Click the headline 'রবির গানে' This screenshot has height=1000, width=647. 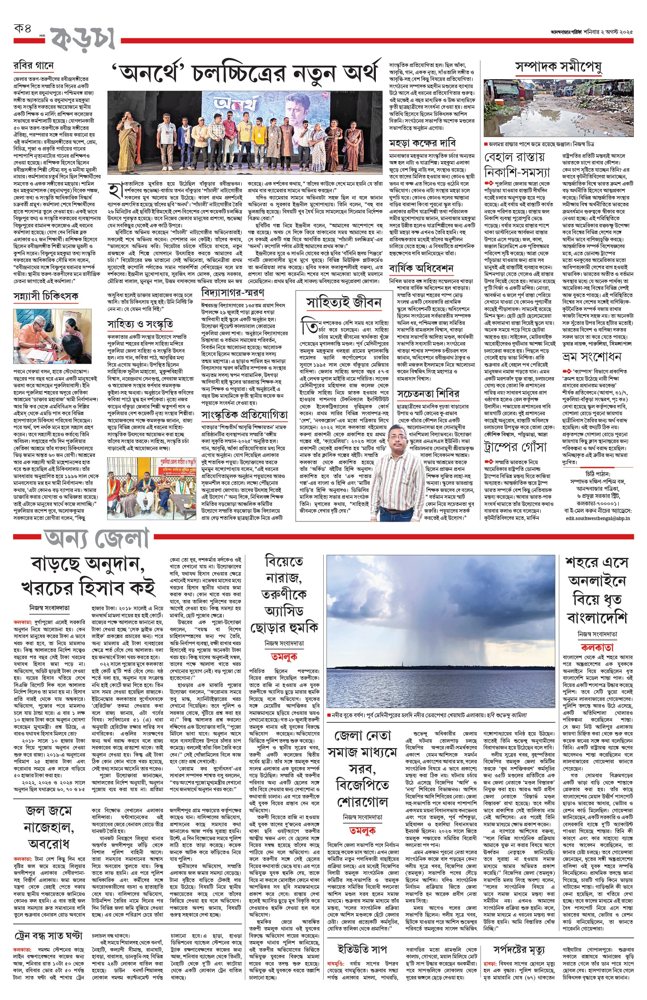[x=33, y=66]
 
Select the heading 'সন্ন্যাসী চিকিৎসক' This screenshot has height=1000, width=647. [x=46, y=296]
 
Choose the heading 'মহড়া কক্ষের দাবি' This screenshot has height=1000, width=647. [x=422, y=143]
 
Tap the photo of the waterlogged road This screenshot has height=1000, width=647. [x=558, y=109]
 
